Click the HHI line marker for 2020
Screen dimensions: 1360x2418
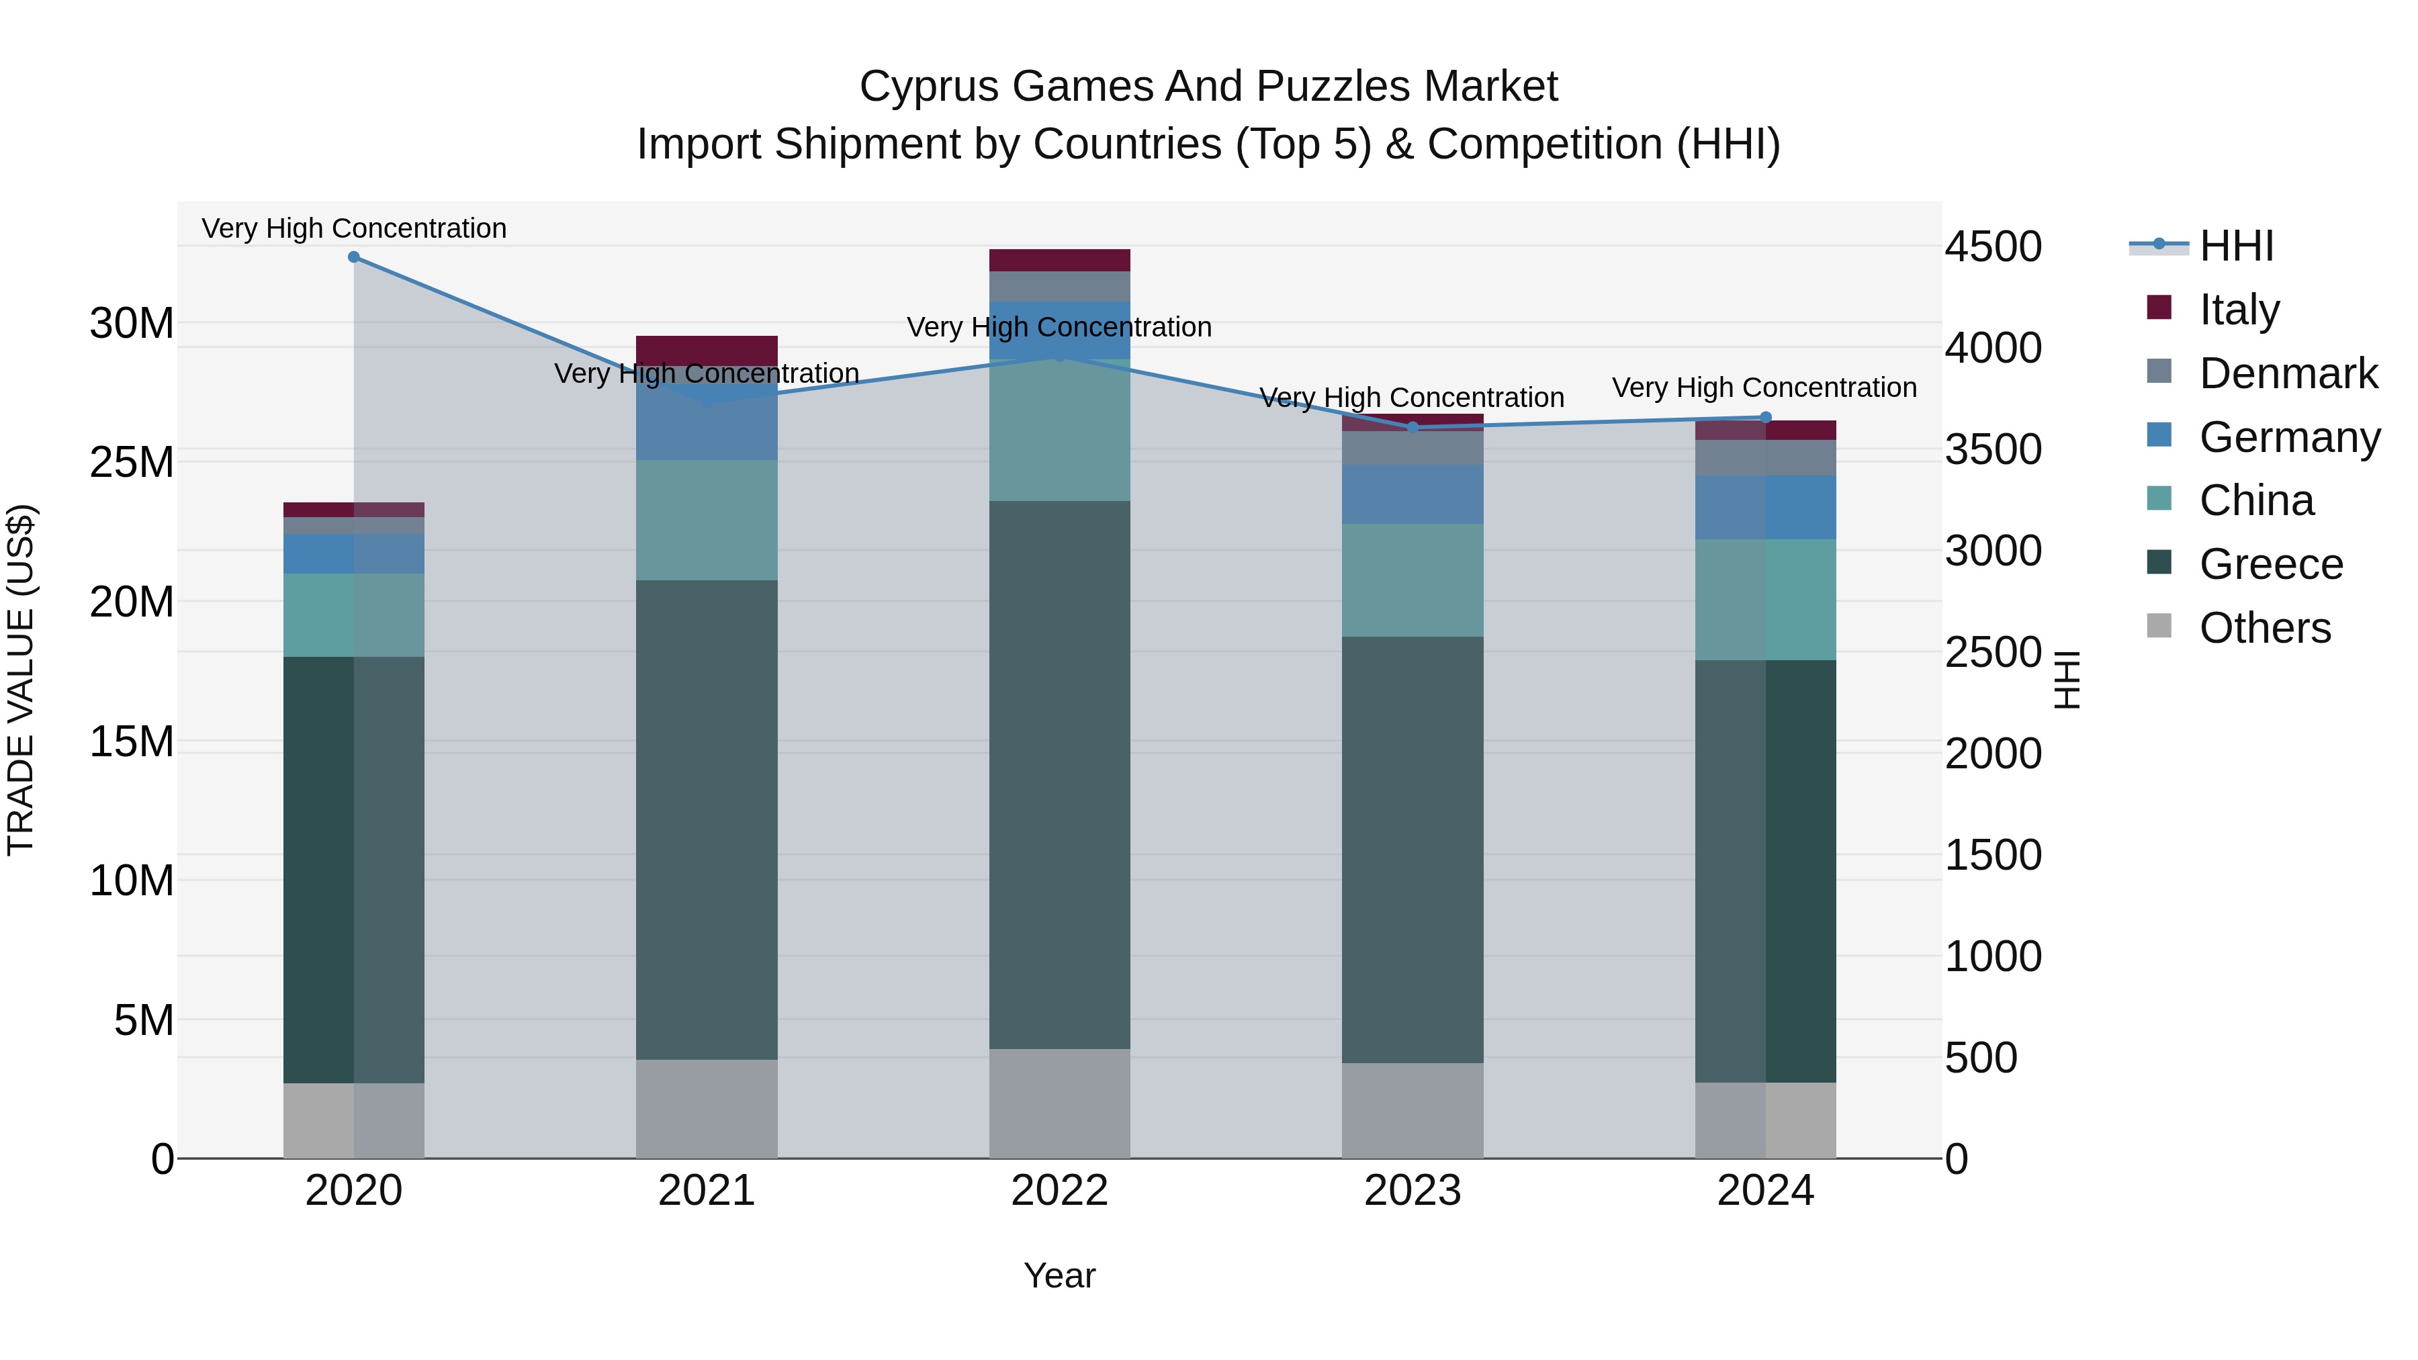click(354, 257)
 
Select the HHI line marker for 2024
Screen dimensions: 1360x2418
click(1766, 418)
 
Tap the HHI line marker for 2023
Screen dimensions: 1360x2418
click(1413, 427)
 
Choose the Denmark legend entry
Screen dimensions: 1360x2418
click(2288, 373)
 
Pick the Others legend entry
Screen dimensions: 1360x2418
click(2264, 627)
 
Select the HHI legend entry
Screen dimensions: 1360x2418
click(2236, 246)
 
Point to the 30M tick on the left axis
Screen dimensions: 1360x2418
click(132, 324)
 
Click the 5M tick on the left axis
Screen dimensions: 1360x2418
click(144, 1020)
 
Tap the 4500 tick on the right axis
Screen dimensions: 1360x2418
click(1993, 247)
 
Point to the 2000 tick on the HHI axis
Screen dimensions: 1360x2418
click(1993, 754)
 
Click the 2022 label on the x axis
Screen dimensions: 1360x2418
click(1060, 1191)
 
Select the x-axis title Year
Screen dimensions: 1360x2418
click(1060, 1275)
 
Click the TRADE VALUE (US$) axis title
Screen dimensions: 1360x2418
click(21, 680)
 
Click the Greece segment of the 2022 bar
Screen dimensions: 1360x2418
click(1060, 774)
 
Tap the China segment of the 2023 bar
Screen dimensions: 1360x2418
click(1413, 580)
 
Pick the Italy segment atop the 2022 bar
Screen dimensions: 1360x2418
click(1060, 260)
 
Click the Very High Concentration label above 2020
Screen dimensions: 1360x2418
click(354, 228)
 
